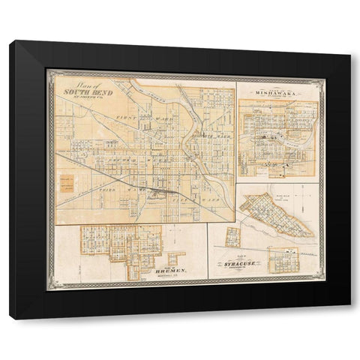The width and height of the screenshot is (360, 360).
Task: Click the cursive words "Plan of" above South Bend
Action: click(73, 83)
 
